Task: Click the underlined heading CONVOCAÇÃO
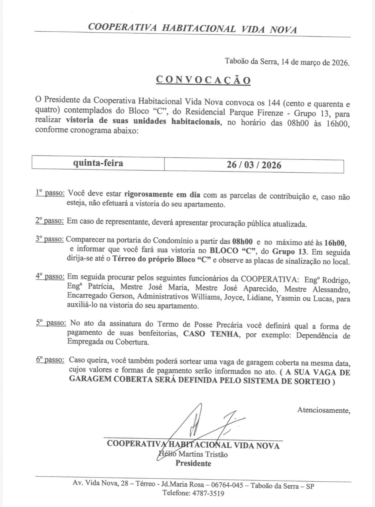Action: (x=203, y=80)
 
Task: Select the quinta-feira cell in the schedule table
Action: (x=98, y=164)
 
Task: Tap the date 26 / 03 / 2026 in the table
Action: (x=254, y=165)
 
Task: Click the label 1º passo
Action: (x=50, y=193)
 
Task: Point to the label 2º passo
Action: (x=50, y=221)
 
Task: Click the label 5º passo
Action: (x=50, y=323)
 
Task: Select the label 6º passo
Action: (x=50, y=360)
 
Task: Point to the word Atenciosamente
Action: (x=324, y=410)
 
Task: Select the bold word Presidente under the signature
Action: (x=193, y=463)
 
